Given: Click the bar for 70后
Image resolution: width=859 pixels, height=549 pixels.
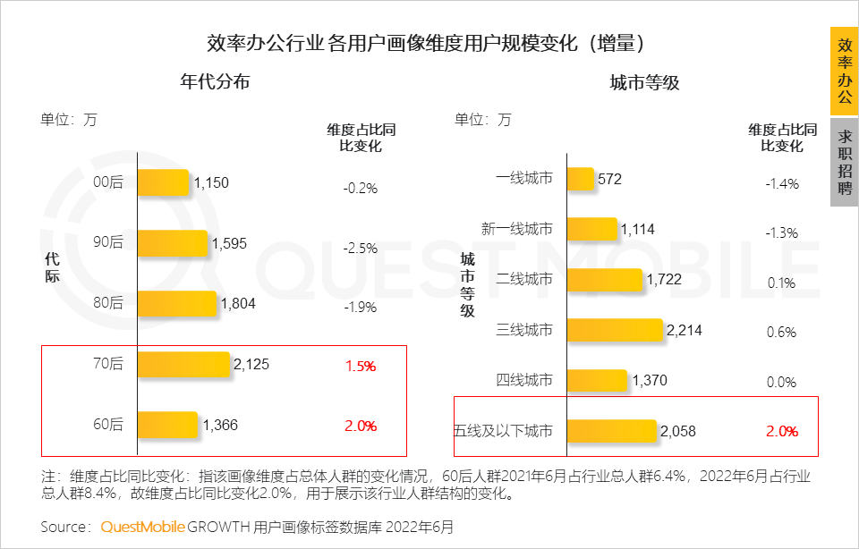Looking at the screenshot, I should (x=183, y=364).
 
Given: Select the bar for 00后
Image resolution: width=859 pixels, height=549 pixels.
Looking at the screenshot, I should (x=163, y=182).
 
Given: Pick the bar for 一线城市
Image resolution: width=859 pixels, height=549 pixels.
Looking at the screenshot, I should (x=581, y=179).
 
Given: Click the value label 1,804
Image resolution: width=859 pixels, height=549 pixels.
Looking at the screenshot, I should (x=238, y=303).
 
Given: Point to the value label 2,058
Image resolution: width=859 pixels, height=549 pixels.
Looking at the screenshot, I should (x=678, y=431).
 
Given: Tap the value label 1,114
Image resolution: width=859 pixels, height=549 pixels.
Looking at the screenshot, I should (x=637, y=229).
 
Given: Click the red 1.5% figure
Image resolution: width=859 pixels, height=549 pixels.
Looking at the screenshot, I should (x=360, y=367).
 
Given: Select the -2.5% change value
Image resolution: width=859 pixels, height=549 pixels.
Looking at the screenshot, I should (x=360, y=248).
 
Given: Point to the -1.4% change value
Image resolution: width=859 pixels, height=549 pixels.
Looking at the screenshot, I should (x=781, y=183).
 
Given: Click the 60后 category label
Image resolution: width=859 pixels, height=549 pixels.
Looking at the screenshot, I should (x=109, y=425).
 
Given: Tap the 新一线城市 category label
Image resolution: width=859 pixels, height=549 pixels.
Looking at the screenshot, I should (x=517, y=230).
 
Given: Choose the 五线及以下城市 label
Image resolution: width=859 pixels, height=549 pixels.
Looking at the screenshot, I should (x=504, y=431).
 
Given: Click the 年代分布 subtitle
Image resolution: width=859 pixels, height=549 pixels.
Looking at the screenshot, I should (x=215, y=81).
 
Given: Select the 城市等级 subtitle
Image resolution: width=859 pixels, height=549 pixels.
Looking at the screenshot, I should (x=644, y=83).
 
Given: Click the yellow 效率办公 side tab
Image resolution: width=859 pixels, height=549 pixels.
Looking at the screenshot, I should (x=844, y=72).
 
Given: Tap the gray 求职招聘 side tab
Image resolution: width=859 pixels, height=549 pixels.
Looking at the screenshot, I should (x=844, y=162).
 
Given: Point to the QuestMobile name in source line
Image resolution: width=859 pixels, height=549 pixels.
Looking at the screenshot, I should (x=142, y=527).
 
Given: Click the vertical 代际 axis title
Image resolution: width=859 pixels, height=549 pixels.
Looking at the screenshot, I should (x=52, y=267).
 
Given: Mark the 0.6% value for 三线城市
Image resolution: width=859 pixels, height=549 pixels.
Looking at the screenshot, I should (x=781, y=332).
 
